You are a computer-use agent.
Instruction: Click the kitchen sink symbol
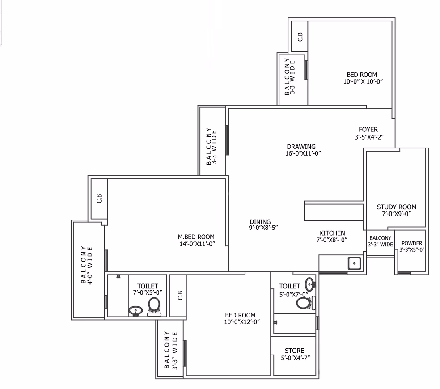355,263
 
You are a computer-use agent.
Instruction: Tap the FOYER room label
368,129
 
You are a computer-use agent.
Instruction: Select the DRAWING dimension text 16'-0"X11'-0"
303,153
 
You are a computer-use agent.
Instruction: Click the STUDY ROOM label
397,207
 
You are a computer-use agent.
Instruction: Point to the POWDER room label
412,243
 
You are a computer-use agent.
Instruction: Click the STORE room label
294,351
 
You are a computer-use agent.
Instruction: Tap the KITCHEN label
332,233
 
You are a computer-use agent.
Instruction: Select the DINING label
260,221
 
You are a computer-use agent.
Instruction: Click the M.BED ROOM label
196,237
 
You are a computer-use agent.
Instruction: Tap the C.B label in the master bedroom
99,198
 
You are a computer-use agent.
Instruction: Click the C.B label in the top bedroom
300,37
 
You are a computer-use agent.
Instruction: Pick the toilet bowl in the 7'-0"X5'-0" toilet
154,306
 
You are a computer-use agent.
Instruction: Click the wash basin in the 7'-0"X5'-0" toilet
135,311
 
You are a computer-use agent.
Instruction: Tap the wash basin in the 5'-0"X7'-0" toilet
310,284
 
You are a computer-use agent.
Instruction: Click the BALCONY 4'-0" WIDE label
87,265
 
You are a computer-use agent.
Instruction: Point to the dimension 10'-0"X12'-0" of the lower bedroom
242,322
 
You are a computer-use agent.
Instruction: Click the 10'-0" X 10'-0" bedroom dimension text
363,82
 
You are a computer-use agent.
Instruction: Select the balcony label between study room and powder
380,241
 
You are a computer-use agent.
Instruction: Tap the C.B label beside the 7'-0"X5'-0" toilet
180,295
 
